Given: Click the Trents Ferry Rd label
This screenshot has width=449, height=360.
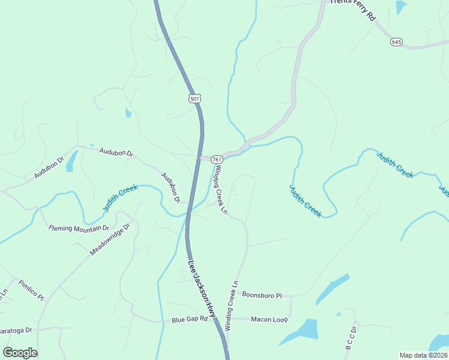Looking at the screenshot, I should pos(352,10).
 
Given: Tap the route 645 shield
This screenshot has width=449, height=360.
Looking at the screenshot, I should pos(396,41).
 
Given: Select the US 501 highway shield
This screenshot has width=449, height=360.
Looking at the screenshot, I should pos(194,98).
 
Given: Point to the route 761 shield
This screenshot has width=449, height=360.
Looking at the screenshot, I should pos(217,159).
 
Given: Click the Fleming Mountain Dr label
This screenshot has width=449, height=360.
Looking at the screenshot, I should pos(79,228).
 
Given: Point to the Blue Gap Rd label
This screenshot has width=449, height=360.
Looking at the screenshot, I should pos(189,319).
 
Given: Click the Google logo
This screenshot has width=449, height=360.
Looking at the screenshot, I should pos(20,352).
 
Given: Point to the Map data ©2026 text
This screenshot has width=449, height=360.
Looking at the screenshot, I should pos(423,355).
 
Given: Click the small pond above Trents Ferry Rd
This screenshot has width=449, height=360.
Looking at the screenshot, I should pos(401,8).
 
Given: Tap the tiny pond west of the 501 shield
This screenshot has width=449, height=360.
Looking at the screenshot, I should pos(128,112).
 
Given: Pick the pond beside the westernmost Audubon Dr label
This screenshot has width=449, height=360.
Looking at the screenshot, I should pos(71,160).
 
